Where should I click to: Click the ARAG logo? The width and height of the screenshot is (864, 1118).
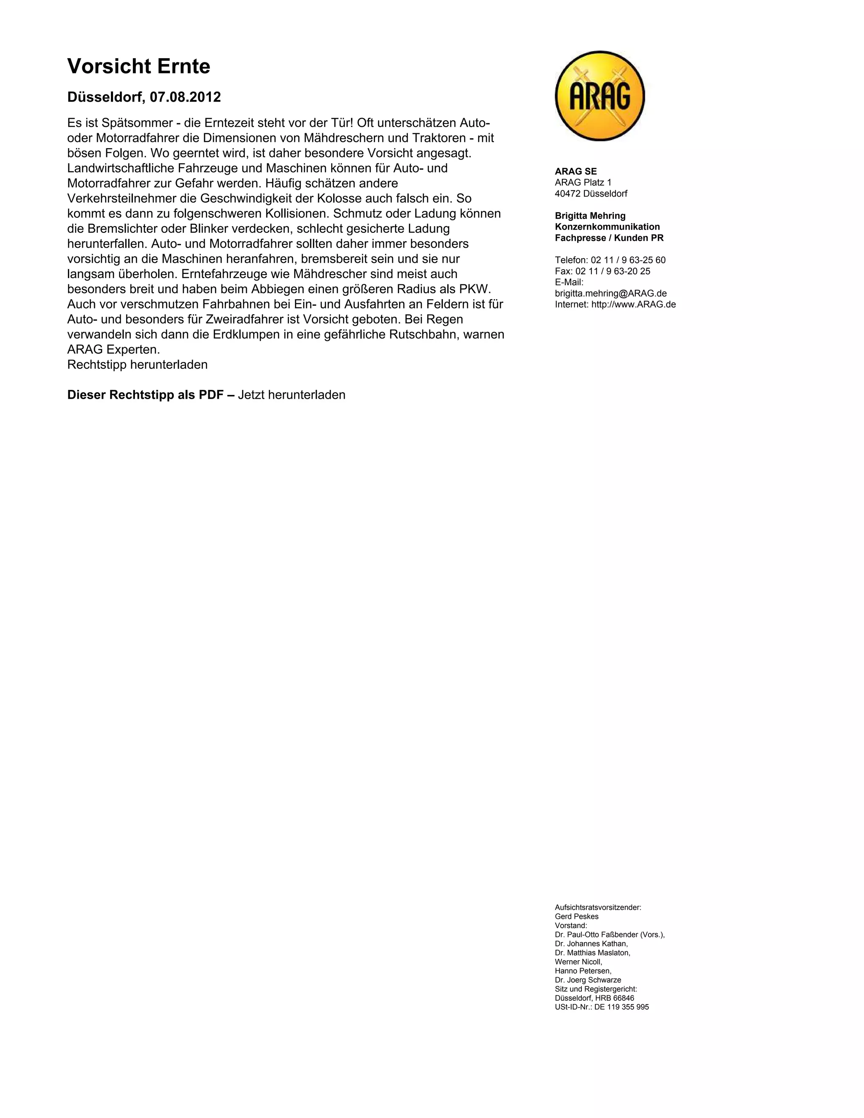(x=599, y=96)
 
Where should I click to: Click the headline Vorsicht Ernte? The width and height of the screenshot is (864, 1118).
(x=139, y=67)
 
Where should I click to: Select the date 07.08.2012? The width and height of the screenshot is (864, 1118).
(x=185, y=97)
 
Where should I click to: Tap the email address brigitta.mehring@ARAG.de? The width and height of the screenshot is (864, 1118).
(x=610, y=293)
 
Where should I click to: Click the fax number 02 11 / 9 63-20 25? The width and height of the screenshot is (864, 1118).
(x=613, y=271)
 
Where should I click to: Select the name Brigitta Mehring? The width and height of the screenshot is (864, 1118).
(x=590, y=216)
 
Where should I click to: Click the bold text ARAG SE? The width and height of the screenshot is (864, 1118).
(x=575, y=171)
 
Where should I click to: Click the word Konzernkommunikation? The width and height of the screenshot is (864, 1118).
(x=607, y=227)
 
